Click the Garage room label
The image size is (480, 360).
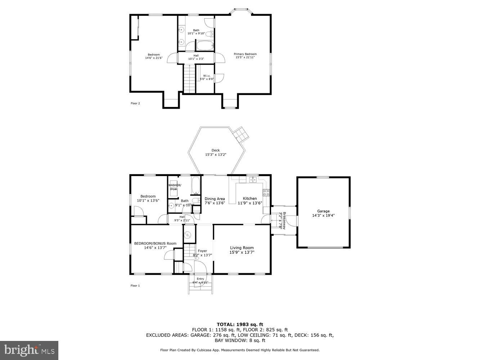323,213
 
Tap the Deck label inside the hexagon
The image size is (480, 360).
215,152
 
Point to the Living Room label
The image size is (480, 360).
242,250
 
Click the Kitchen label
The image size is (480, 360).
250,201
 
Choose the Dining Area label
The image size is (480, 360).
215,201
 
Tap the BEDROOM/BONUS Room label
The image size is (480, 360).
155,245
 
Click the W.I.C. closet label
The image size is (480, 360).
207,77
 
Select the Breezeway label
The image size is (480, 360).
284,220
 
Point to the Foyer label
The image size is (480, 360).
202,253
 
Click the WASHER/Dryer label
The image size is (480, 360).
175,187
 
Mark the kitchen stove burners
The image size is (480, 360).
267,192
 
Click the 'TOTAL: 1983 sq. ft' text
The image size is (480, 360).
240,324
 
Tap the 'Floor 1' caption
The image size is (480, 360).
135,285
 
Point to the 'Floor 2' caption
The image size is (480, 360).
135,103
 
